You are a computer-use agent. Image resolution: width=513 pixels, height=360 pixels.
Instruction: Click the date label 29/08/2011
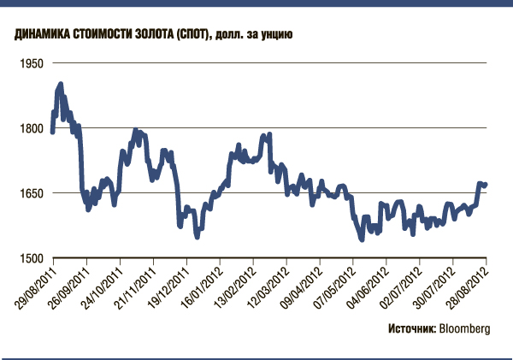pos(36,285)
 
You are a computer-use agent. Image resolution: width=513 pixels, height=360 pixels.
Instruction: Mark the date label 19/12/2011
pos(169,285)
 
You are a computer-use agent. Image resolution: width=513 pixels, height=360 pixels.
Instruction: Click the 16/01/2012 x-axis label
pos(203,285)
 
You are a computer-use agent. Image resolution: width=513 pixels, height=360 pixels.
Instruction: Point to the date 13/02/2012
pos(236,285)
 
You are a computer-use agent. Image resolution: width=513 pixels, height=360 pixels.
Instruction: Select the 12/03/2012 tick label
pos(269,285)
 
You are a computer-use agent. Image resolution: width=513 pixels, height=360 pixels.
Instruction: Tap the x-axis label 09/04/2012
pos(303,285)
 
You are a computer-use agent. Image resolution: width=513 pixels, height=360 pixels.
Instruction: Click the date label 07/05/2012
pos(336,285)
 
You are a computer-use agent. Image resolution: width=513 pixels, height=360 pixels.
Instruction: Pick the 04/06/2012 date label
pos(369,285)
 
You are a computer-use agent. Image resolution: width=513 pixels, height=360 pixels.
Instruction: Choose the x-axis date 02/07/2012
pos(403,285)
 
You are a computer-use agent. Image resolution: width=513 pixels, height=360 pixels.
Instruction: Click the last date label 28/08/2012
pos(469,285)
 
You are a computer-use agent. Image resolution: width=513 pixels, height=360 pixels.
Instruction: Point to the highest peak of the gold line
pos(61,83)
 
